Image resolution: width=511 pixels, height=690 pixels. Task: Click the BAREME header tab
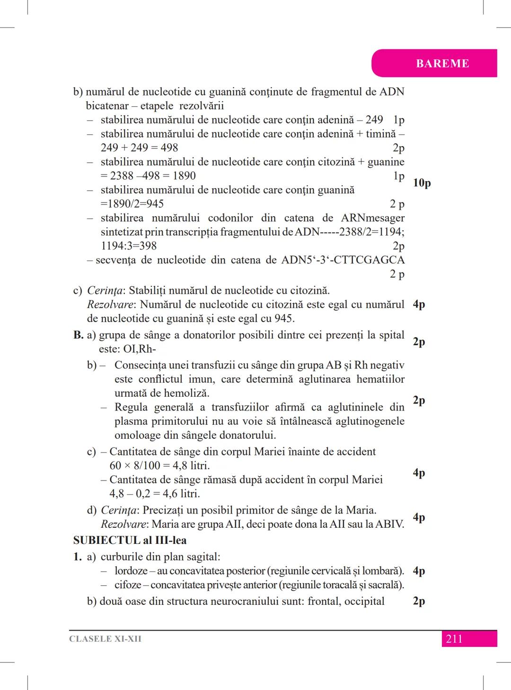pos(442,63)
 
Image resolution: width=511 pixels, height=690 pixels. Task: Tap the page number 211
pos(454,639)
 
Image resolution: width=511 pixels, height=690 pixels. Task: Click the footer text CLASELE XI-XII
pos(105,639)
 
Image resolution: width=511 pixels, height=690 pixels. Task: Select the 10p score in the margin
pos(422,183)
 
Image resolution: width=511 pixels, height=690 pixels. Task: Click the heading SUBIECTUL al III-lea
pos(130,540)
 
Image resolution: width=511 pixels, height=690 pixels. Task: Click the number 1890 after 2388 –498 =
pos(184,176)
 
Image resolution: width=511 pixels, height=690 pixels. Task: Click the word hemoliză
pos(188,393)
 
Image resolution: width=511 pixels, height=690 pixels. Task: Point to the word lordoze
pos(131,571)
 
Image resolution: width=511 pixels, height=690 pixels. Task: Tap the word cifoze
pos(128,585)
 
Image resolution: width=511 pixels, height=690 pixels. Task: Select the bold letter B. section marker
pos(78,335)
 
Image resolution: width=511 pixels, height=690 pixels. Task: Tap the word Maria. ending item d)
pos(361,510)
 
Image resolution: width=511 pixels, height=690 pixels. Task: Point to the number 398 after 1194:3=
pos(148,246)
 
